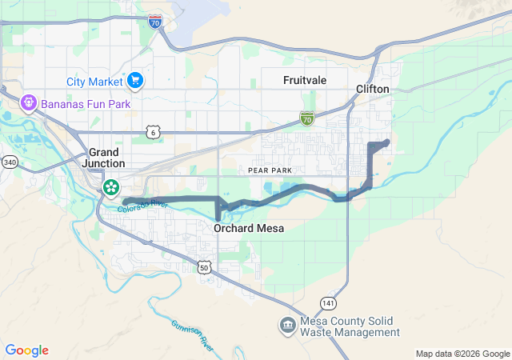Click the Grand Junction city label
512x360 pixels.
pos(102,157)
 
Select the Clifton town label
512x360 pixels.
pos(372,89)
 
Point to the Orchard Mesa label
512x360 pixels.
pos(249,229)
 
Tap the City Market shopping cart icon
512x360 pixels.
pos(134,81)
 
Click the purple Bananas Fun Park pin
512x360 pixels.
pos(29,103)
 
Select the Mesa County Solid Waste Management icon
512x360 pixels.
pos(287,326)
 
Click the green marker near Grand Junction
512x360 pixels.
pos(110,188)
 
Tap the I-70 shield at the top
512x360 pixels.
pos(155,22)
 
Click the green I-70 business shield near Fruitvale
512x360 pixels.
pos(307,118)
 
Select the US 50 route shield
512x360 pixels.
pos(205,267)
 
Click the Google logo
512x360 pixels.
pos(27,350)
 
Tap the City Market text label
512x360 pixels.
pos(94,81)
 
